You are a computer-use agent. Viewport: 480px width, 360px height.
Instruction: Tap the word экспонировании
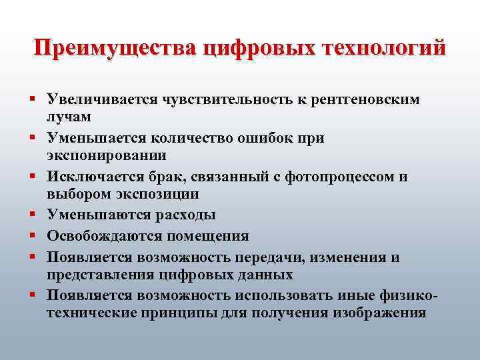(107, 155)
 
